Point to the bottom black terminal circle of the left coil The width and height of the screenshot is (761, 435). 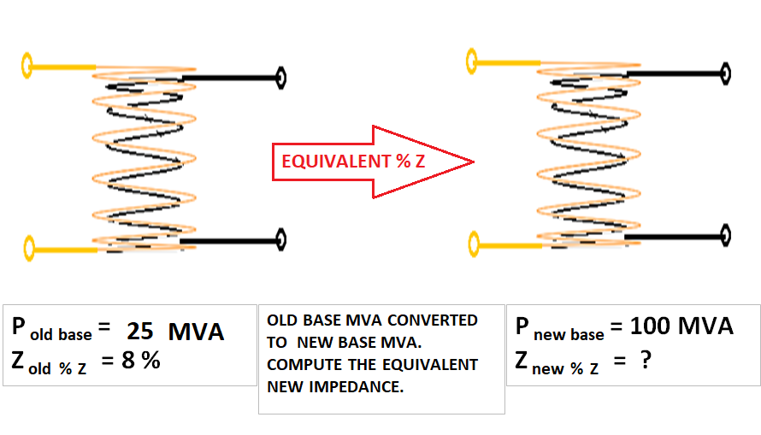tap(280, 239)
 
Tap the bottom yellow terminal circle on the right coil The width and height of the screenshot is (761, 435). tap(472, 246)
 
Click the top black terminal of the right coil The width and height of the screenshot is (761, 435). tap(725, 72)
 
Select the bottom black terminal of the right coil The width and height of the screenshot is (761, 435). tap(725, 232)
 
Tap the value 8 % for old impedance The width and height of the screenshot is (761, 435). tap(141, 360)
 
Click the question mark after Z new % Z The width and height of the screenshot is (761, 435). tap(646, 360)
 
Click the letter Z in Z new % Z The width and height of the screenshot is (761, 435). tap(522, 360)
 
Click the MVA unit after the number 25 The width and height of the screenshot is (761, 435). tap(196, 332)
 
